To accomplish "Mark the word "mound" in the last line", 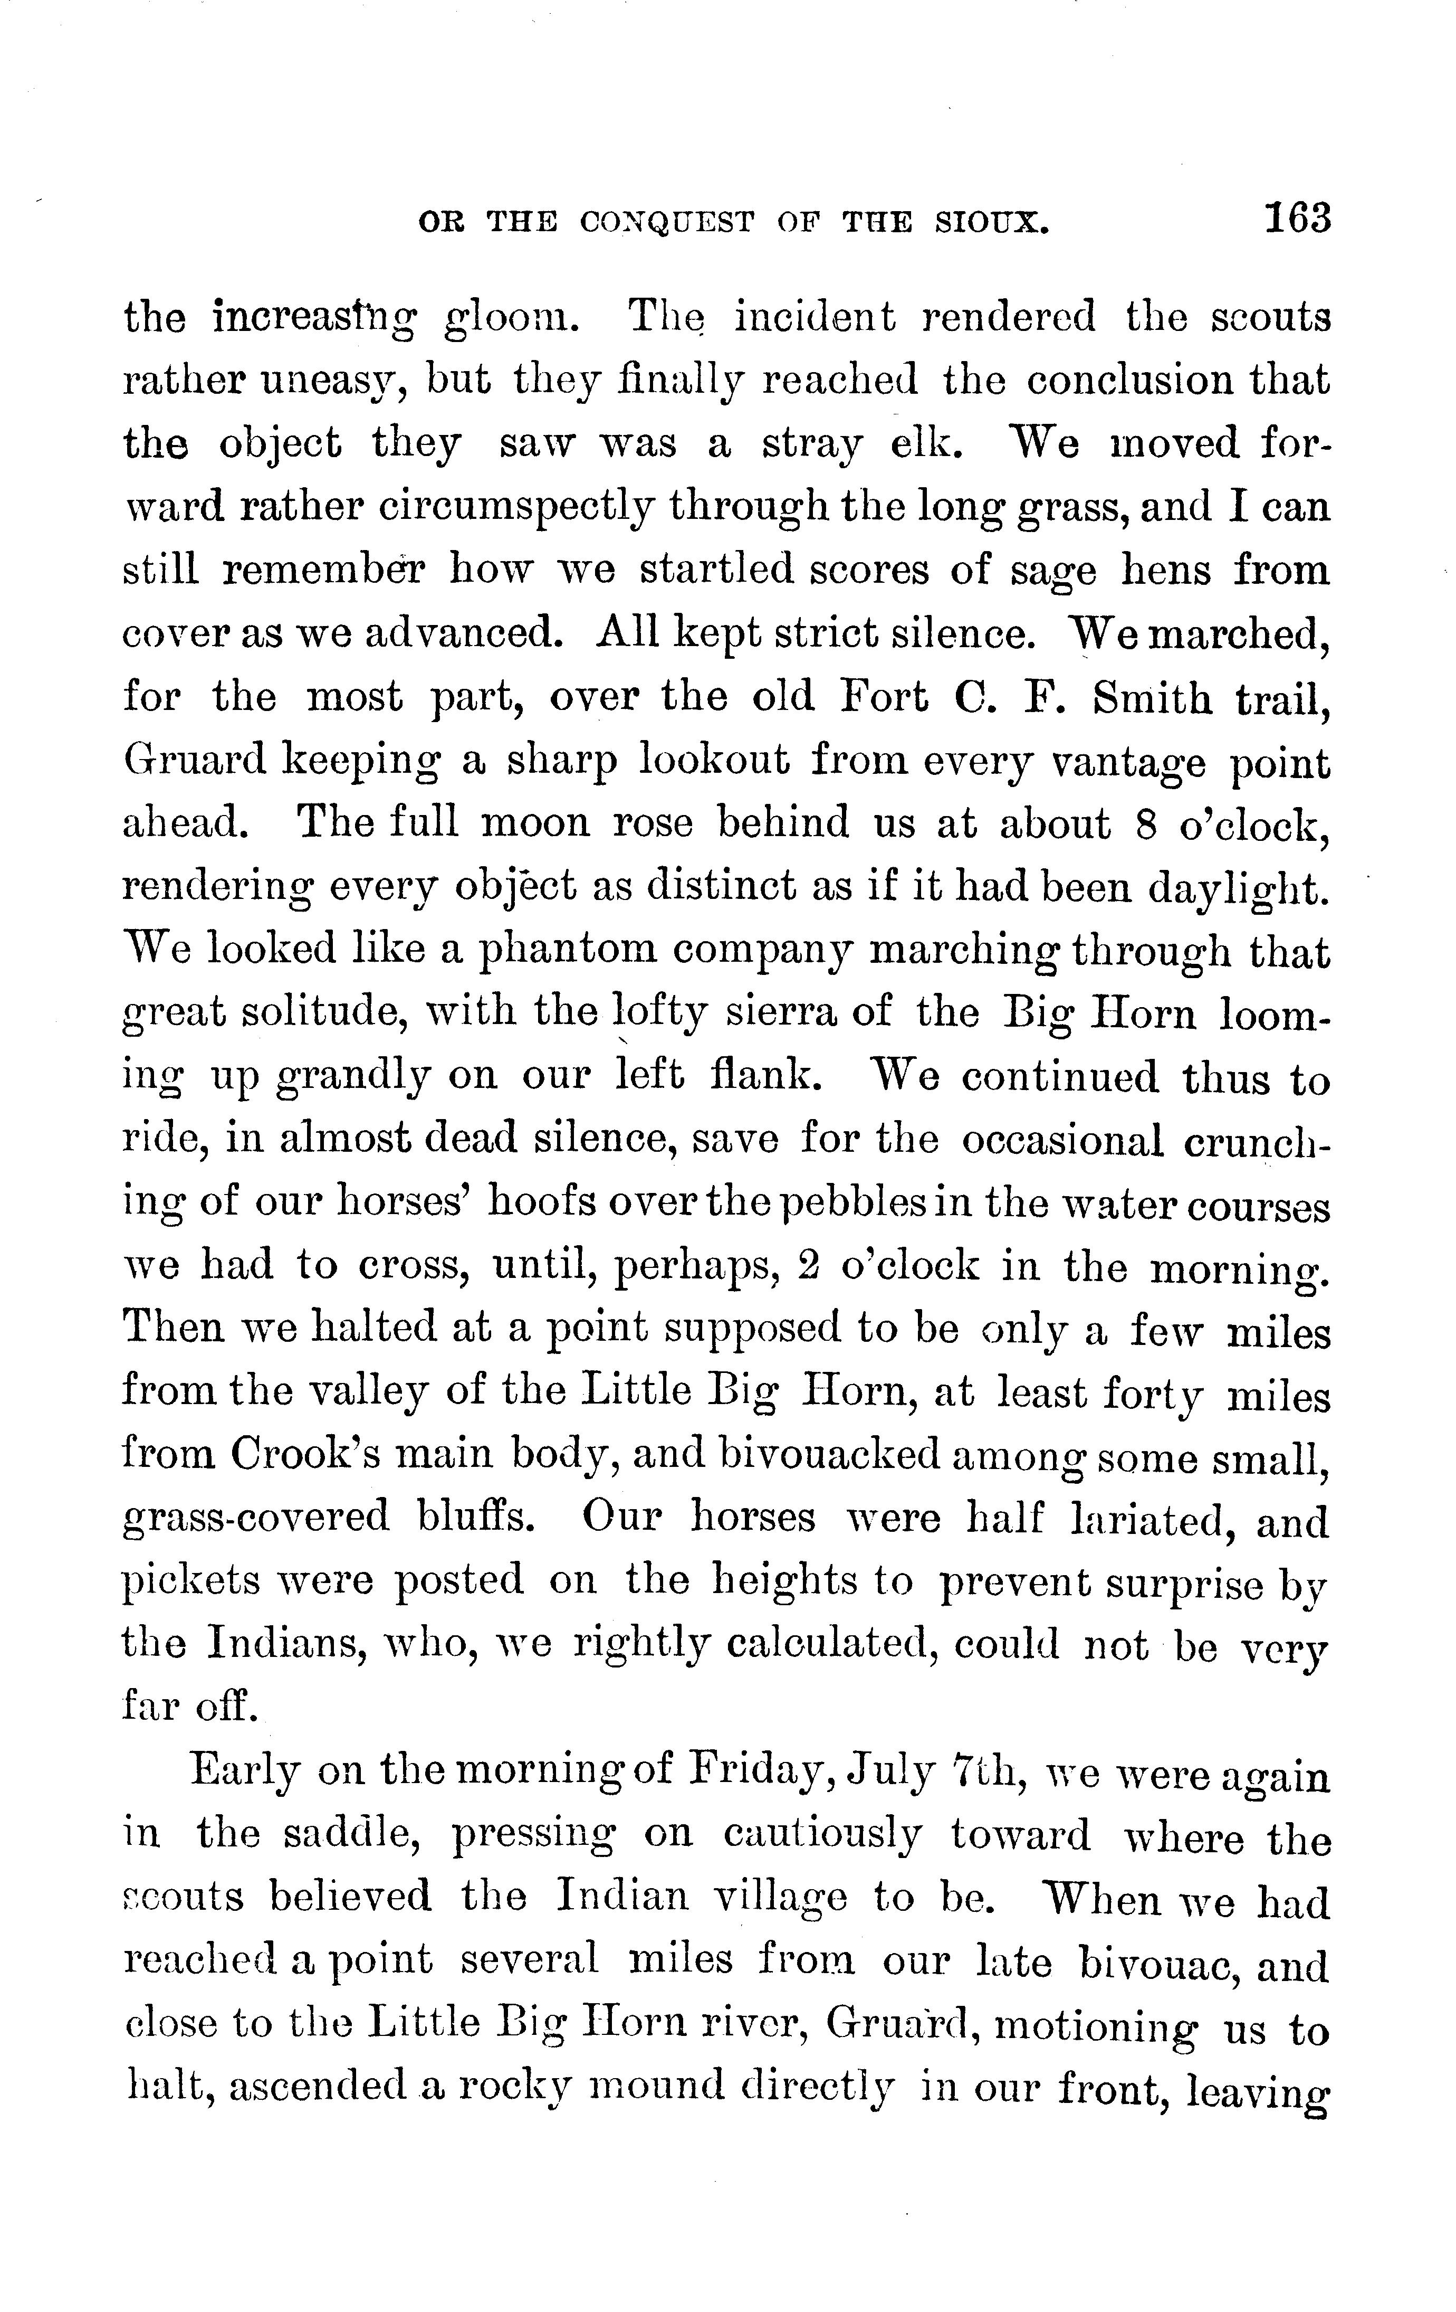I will [x=655, y=2088].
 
